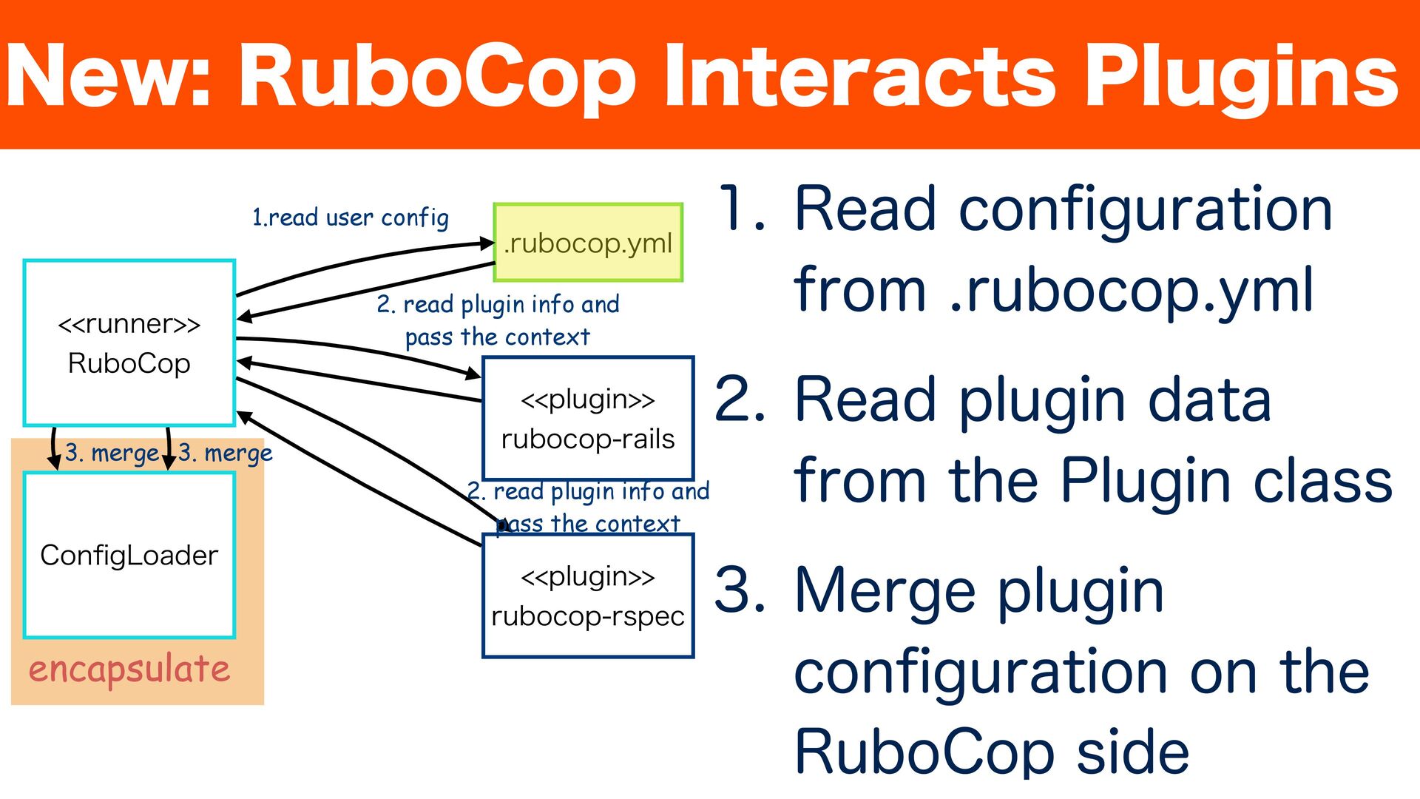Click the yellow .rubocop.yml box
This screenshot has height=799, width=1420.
click(588, 243)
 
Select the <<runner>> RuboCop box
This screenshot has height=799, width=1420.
click(129, 343)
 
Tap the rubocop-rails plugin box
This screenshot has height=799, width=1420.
click(588, 419)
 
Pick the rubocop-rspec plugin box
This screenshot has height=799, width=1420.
click(588, 596)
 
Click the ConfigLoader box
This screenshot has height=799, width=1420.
click(129, 555)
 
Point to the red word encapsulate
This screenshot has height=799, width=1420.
click(129, 669)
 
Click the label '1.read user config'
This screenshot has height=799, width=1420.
click(351, 218)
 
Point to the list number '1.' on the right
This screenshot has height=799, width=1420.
click(742, 209)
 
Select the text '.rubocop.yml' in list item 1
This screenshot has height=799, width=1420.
click(1132, 290)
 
